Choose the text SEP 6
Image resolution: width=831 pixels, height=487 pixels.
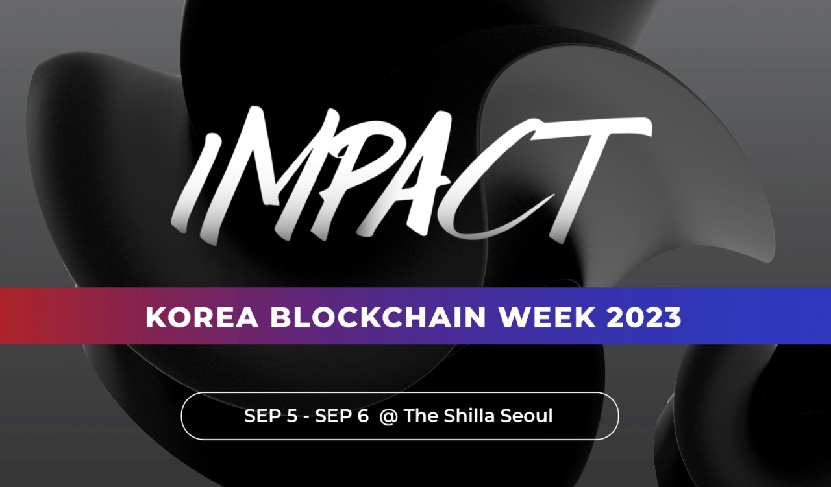click(x=342, y=416)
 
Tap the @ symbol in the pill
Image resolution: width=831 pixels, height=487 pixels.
click(x=388, y=416)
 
